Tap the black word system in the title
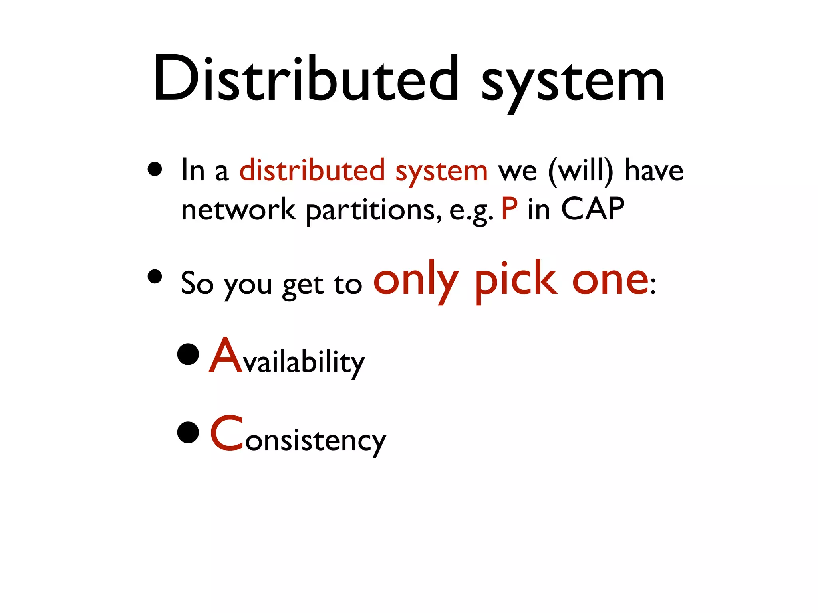pos(573,82)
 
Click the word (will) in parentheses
pos(580,171)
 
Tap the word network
pos(238,209)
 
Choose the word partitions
pos(374,210)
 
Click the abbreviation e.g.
pos(471,211)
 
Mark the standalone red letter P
pos(509,208)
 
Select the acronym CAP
pos(593,208)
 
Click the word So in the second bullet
pos(197,283)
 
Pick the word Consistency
pos(298,435)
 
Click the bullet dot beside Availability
pos(188,354)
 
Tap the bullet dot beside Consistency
pos(188,432)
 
